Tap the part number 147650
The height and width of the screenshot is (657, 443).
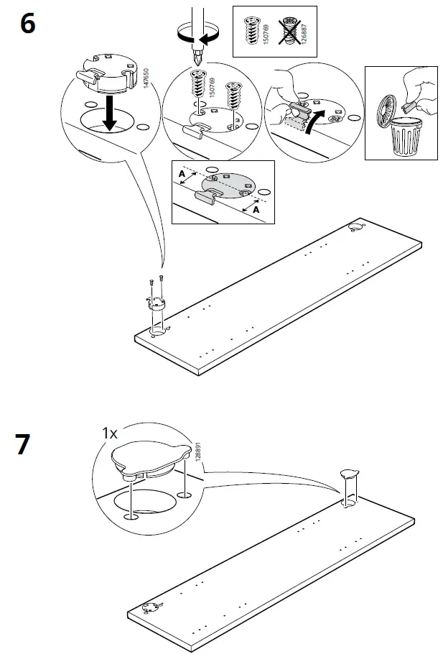[x=146, y=77]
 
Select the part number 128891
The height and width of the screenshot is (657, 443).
[x=197, y=454]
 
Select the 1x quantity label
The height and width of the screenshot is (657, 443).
[x=108, y=433]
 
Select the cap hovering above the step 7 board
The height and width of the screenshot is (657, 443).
[x=350, y=474]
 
